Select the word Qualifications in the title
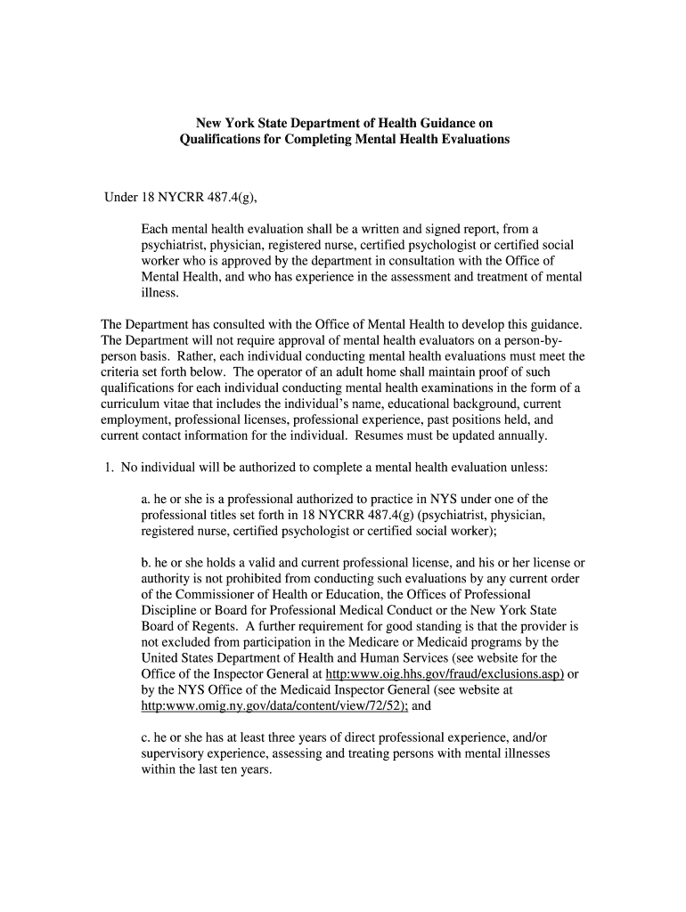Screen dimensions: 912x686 coord(219,140)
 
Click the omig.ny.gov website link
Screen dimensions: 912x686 coord(275,706)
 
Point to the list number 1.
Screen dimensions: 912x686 coord(109,468)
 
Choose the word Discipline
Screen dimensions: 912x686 coord(173,611)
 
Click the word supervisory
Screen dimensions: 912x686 coord(176,754)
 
